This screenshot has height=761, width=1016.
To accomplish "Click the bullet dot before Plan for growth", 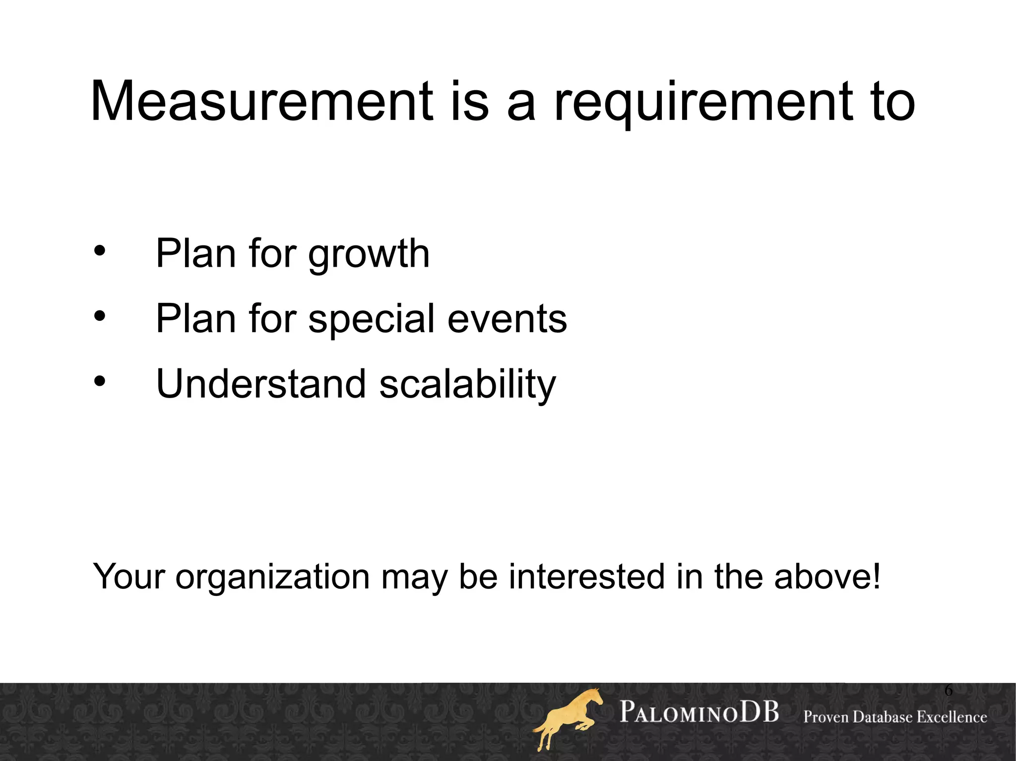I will coord(100,251).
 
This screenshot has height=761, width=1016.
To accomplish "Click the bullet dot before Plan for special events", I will coord(100,316).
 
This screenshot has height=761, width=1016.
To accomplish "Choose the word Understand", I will coord(261,384).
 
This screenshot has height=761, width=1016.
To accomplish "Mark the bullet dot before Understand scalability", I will coord(100,381).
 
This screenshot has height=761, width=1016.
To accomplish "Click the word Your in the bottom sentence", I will coord(128,577).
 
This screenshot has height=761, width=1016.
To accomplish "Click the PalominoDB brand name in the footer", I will coord(699,712).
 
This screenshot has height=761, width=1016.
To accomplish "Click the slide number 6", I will coord(948,690).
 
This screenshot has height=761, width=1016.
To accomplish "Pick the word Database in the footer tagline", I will coord(878,717).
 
